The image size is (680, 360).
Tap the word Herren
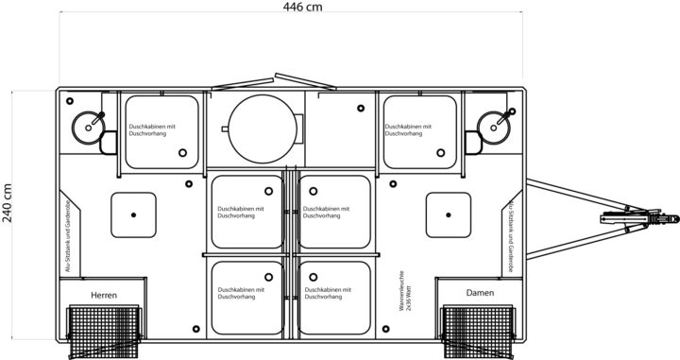click(104, 296)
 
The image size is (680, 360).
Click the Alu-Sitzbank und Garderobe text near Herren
click(68, 236)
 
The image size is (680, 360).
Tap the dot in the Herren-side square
click(134, 215)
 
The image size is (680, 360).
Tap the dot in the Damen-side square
click(450, 215)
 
